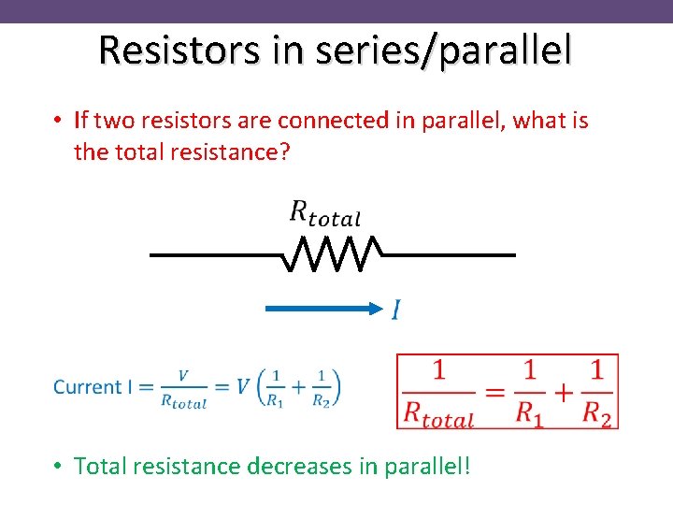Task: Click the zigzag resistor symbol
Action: (x=332, y=254)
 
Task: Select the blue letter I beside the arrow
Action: (x=397, y=309)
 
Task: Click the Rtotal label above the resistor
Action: (x=324, y=214)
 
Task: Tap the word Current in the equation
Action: (x=88, y=387)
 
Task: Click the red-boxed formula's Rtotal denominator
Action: (x=438, y=411)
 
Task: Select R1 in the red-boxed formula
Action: (x=530, y=411)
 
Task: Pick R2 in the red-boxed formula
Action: (x=595, y=411)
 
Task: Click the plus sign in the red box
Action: (x=563, y=393)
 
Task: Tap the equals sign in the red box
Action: (x=495, y=393)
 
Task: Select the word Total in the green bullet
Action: (x=103, y=465)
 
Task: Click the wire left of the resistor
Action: (x=215, y=254)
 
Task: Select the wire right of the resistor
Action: (x=449, y=254)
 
